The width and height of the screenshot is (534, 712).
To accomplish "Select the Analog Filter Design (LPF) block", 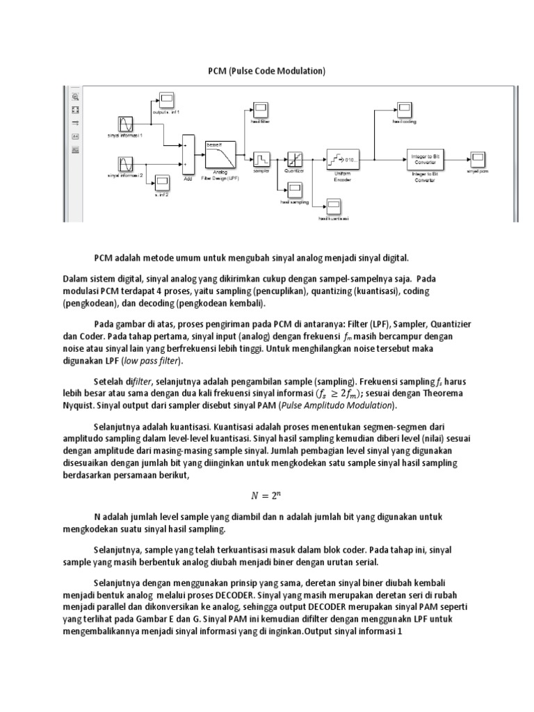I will (219, 156).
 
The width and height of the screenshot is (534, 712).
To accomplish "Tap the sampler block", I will (261, 159).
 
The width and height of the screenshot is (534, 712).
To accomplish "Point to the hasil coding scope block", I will (404, 108).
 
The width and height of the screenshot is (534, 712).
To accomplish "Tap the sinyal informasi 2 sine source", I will (125, 165).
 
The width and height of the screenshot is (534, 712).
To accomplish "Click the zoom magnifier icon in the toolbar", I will (74, 97).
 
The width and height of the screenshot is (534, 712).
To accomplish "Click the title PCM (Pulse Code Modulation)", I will (266, 71).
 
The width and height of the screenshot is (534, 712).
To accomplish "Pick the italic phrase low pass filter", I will (152, 361).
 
